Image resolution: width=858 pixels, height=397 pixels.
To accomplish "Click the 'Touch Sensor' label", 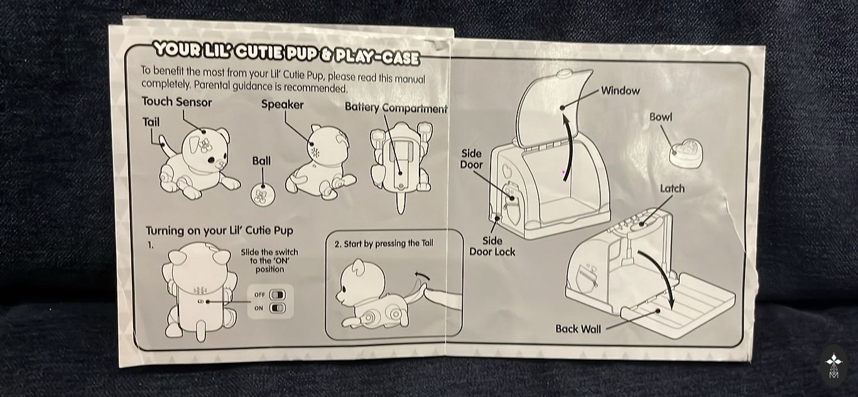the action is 176,102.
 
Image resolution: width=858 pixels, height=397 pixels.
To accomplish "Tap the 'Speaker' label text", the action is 282,105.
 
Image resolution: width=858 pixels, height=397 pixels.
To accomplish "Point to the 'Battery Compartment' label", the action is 396,107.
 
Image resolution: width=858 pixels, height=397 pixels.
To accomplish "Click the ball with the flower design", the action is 263,194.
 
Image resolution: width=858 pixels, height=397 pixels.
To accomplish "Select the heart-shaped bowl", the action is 686,154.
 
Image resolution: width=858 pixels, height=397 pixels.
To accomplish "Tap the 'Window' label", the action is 620,91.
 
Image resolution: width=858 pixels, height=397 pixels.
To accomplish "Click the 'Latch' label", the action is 672,188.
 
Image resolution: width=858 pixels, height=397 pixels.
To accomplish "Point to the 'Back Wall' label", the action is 578,329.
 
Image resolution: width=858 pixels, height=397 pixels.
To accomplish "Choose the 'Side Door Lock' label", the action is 492,246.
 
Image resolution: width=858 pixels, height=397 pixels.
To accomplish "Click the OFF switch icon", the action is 278,295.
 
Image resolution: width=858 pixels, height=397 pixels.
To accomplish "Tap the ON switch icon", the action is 278,308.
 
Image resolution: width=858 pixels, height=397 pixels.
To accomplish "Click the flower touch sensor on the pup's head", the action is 205,145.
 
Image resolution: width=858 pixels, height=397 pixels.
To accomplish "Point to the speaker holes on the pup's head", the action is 315,153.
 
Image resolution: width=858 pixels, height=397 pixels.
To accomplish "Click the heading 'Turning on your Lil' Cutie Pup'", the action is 219,231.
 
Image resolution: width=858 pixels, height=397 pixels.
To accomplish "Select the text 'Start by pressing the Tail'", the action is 388,244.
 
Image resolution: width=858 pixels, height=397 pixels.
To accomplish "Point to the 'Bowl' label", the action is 660,117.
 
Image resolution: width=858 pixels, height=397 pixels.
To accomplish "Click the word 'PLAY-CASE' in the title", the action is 377,57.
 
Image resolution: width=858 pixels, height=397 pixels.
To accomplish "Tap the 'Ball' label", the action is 261,161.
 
